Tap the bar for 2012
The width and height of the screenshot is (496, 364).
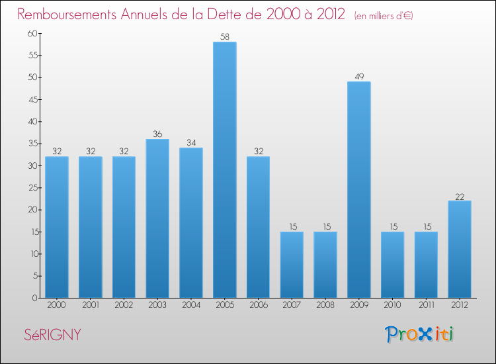point(460,250)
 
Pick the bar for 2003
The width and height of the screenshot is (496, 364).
point(157,218)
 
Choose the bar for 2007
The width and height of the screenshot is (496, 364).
point(292,265)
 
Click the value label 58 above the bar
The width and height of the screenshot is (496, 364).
point(224,37)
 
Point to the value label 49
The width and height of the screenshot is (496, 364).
point(358,77)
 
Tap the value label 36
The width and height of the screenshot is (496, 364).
point(157,134)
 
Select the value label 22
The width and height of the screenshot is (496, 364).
point(460,196)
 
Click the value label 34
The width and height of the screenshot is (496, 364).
point(190,143)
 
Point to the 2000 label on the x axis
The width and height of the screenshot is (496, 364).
point(57,306)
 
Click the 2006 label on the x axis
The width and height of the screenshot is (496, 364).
point(258,306)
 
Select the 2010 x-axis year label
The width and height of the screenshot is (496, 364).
point(392,306)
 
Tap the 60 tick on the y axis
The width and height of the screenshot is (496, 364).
point(31,34)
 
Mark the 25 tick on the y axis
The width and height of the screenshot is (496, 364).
point(31,188)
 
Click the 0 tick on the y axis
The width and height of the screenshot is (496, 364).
point(34,298)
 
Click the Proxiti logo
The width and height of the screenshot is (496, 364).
point(420,334)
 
